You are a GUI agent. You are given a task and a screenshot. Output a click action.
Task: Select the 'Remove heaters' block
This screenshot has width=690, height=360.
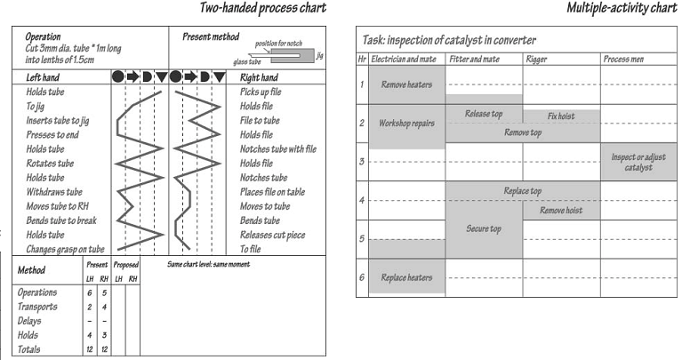coord(406,85)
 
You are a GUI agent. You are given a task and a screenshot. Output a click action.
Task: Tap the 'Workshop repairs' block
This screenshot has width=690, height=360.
coord(406,124)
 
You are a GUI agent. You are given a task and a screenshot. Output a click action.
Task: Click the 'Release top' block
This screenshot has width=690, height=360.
coord(484,115)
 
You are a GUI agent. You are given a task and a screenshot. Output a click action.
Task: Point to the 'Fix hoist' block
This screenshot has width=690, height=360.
coord(561,116)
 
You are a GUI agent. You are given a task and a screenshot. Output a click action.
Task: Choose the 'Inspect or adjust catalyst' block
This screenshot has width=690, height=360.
coord(638,162)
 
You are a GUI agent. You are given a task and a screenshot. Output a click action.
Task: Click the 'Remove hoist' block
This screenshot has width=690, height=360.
coord(561,211)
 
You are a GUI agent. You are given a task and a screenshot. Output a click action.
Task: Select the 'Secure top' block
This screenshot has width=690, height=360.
coord(484,229)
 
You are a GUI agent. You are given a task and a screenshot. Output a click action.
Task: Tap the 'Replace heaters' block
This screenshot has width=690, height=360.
coord(406,277)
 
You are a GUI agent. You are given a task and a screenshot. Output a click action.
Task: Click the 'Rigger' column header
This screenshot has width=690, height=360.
coord(536,60)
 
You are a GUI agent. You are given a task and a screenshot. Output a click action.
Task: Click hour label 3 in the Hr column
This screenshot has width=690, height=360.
coord(362,162)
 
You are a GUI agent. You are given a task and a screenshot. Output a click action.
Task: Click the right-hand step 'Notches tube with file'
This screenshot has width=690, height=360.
coord(278,149)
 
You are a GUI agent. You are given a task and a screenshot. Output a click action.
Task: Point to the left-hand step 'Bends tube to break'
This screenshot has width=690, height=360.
coord(57,220)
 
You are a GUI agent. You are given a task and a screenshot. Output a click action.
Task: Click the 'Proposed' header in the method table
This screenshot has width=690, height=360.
coord(126,265)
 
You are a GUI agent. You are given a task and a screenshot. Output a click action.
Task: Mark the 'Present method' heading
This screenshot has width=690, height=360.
coord(212,36)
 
